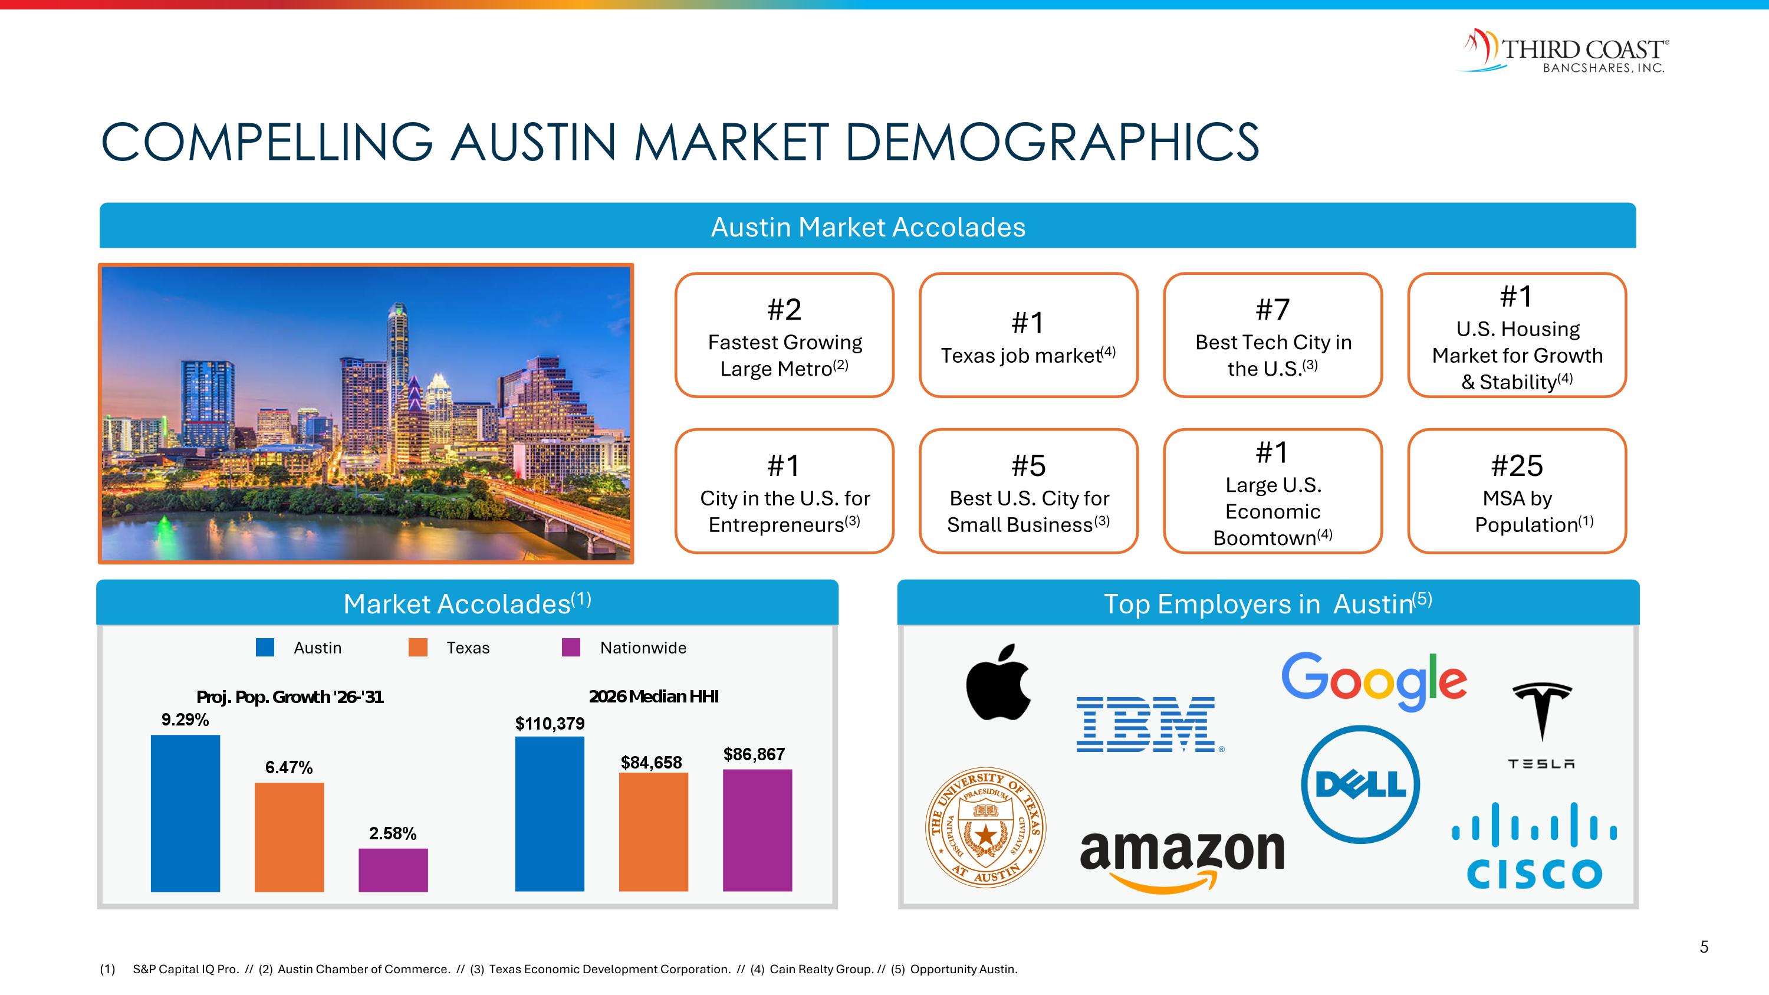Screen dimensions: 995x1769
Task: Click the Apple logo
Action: click(x=998, y=683)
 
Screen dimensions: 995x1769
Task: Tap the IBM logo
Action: click(x=1147, y=724)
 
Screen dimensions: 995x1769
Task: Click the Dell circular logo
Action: click(x=1360, y=784)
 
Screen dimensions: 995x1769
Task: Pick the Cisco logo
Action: click(x=1534, y=846)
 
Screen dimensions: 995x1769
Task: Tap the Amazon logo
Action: click(x=1182, y=858)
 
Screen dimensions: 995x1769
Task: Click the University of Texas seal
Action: click(x=985, y=827)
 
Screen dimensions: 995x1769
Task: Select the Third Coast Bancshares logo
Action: click(x=1564, y=51)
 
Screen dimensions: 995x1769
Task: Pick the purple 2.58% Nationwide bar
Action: click(x=393, y=870)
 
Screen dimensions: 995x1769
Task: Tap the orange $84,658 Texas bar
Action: click(x=653, y=832)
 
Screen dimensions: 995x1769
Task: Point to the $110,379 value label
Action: click(x=550, y=723)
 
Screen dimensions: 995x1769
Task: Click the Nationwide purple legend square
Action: click(x=571, y=648)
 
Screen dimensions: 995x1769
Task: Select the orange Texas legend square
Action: click(x=417, y=648)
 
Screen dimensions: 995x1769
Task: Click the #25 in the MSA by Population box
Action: click(x=1516, y=465)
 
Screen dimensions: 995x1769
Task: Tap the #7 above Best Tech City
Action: click(x=1273, y=310)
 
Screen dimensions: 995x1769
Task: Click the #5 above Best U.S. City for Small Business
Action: click(x=1028, y=465)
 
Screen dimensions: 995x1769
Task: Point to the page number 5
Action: click(x=1704, y=947)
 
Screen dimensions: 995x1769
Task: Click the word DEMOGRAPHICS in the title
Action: click(x=1051, y=142)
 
